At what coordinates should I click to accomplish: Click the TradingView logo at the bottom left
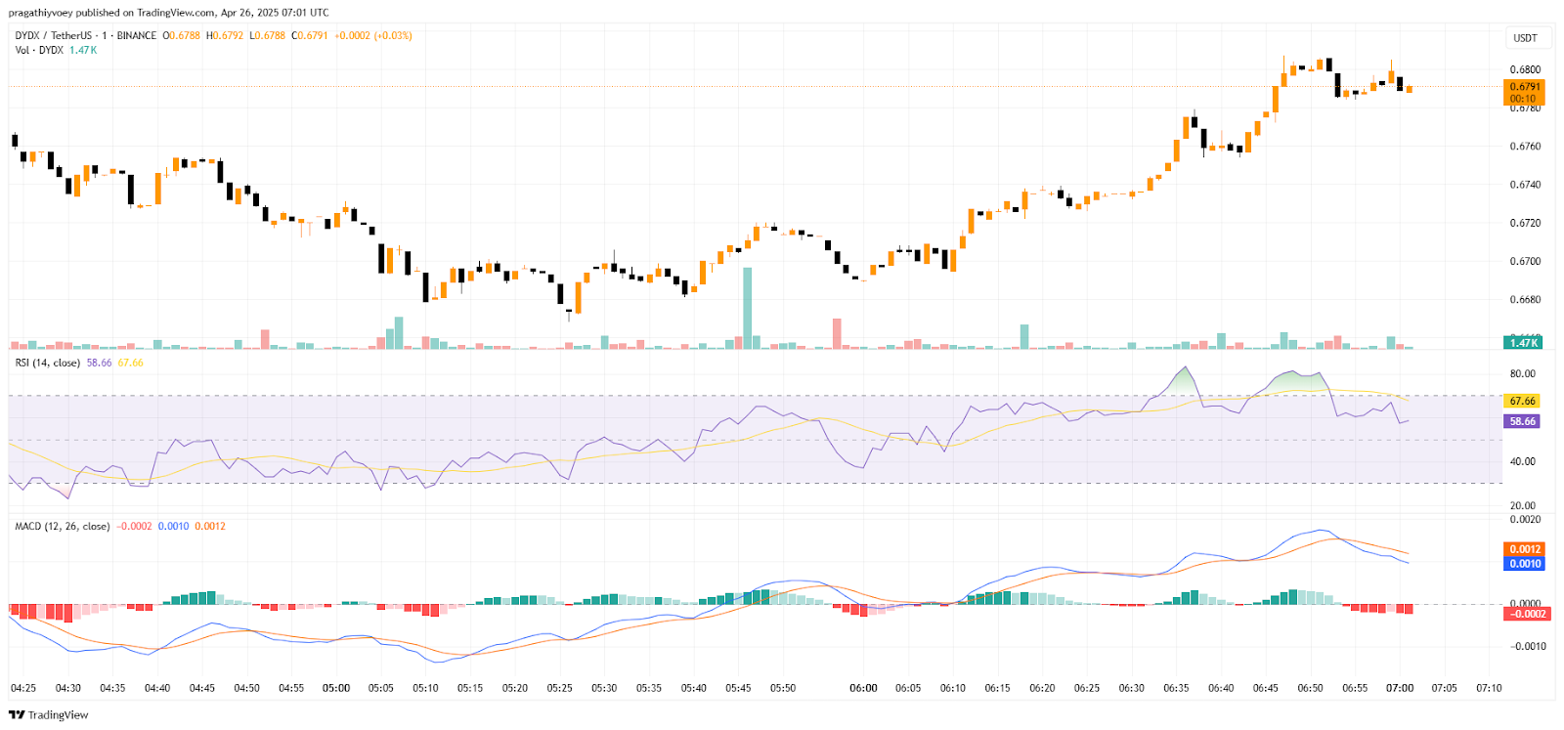tap(48, 715)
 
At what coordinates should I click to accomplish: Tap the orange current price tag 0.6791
tap(1524, 87)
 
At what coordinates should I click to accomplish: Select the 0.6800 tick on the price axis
tap(1525, 69)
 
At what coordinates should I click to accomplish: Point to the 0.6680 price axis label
tap(1525, 300)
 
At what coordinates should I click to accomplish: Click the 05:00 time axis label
tap(336, 688)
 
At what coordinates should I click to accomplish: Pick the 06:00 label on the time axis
tap(863, 688)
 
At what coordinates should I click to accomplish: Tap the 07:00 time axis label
tap(1400, 688)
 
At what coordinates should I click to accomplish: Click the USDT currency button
tap(1525, 38)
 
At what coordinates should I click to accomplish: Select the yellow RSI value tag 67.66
tap(1523, 402)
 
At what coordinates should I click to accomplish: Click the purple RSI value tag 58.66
tap(1523, 421)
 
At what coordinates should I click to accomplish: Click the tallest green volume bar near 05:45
tap(748, 308)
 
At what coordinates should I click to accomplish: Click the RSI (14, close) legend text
tap(48, 363)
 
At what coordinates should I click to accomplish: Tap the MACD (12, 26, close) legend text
tap(63, 527)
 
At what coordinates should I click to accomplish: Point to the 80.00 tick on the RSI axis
tap(1522, 374)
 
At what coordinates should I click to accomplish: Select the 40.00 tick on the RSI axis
tap(1522, 461)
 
